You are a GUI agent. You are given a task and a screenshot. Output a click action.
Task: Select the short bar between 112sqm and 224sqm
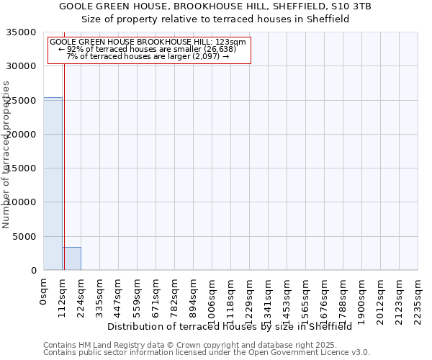coord(71,258)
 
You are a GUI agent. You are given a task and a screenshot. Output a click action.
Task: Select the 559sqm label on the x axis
coord(137,298)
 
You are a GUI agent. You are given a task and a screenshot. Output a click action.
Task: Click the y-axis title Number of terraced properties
coord(6,154)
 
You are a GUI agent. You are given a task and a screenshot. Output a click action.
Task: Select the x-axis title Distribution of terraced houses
coord(230,326)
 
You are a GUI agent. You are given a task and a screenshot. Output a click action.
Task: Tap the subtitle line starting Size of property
coord(215,19)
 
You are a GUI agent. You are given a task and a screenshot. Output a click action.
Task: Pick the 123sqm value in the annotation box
coord(233,42)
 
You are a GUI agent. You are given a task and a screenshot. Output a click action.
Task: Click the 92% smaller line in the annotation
coord(148,49)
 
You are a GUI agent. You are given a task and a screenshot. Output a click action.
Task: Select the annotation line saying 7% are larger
coord(148,56)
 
